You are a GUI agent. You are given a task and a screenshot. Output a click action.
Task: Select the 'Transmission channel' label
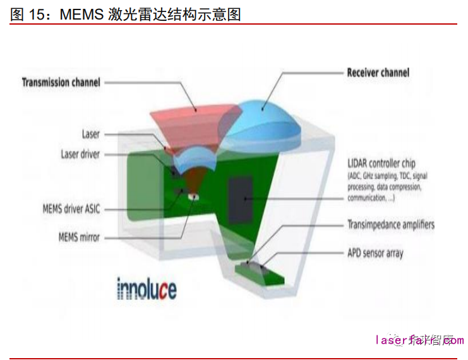[x=61, y=82]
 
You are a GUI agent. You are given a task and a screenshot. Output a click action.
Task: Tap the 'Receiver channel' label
[x=378, y=72]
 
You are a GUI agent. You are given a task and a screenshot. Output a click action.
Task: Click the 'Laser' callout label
[x=91, y=134]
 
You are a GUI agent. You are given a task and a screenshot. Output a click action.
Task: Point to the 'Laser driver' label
[x=80, y=154]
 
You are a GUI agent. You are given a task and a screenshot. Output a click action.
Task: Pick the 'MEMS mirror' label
[x=80, y=237]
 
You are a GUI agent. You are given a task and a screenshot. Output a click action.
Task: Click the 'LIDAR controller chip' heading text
[x=381, y=164]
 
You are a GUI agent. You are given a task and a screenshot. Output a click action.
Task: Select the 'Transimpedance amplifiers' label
[x=391, y=225]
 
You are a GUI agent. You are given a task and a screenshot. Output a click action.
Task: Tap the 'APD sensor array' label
[x=375, y=253]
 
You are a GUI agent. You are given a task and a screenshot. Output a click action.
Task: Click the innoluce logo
[x=147, y=289]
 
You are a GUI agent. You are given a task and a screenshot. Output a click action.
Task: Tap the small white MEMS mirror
[x=191, y=196]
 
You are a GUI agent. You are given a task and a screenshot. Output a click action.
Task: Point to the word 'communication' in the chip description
[x=369, y=198]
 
